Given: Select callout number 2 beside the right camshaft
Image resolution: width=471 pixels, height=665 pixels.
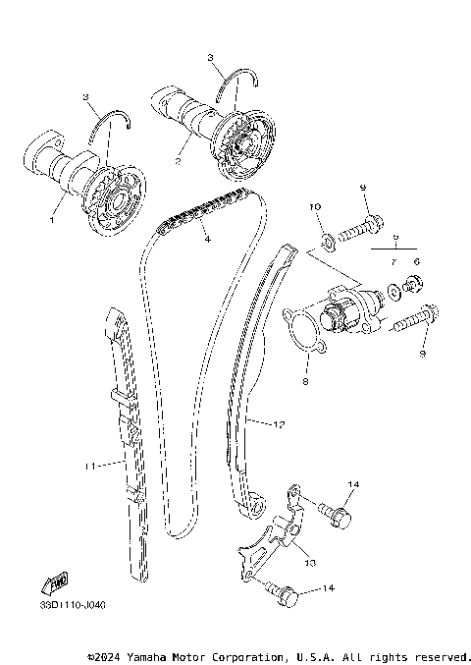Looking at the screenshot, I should click(177, 159).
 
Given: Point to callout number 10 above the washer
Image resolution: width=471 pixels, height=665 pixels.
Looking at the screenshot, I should click(316, 207).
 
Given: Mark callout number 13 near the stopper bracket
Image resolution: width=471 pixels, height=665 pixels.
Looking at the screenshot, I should click(310, 563).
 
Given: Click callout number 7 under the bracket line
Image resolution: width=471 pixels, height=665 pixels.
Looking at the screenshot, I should click(392, 262).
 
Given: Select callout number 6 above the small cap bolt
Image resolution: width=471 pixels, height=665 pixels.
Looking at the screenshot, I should click(416, 262).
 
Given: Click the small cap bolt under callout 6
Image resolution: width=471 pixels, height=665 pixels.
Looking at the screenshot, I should click(414, 287).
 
